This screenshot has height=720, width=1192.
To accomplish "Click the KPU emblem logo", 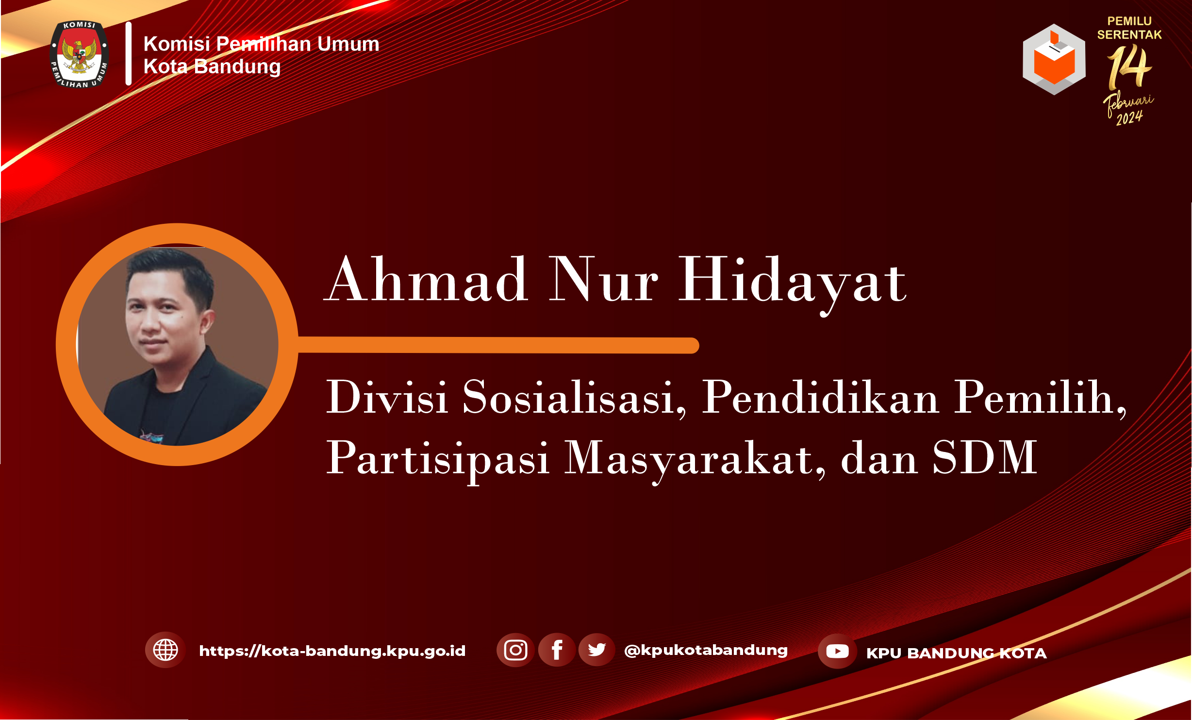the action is point(79,54).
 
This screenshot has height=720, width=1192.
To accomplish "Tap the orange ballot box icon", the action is point(1054,59).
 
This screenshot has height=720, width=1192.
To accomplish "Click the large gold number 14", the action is point(1129,67).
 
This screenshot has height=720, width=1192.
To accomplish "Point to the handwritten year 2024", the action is point(1129,118).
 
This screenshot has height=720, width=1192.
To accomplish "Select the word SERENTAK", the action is point(1129,35).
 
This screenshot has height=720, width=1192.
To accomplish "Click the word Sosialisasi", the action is point(574,398).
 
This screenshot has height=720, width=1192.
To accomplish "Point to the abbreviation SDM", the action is point(985,457).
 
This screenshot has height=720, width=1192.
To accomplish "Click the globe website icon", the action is point(166,650).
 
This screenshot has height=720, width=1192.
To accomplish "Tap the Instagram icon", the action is point(515,650).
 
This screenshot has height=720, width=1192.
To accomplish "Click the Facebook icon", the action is point(557,650).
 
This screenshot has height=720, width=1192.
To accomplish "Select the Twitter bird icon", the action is point(596,650).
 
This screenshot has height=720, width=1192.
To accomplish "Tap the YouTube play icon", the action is point(837,651).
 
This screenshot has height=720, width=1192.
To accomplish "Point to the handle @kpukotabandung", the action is point(706,651).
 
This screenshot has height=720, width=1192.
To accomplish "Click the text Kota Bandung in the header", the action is point(212,67).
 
